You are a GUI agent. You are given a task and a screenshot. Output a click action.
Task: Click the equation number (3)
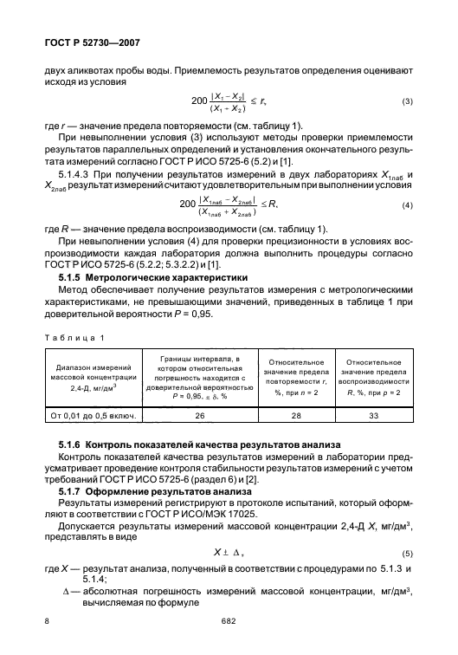[406, 102]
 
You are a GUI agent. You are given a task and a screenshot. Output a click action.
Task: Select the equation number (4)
[406, 204]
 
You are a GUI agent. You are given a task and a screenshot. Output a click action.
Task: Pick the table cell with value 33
[374, 416]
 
